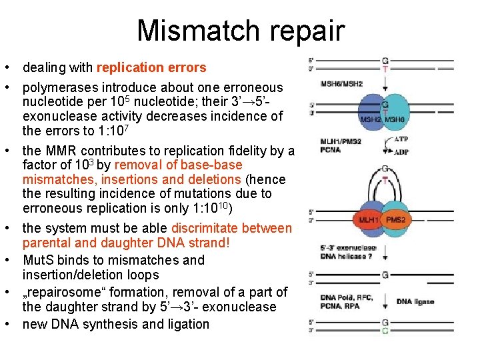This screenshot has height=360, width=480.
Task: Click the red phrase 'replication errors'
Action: point(151,67)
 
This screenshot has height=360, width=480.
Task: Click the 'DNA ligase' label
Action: point(415,301)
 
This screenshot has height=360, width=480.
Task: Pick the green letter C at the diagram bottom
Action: point(385,331)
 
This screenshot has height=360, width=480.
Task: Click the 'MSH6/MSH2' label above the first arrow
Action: point(342,84)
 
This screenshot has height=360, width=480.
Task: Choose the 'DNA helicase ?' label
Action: point(346,257)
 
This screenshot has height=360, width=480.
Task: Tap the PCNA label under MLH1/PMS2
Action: point(331,150)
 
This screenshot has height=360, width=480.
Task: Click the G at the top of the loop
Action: point(385,170)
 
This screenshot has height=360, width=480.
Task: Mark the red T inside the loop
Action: point(385,180)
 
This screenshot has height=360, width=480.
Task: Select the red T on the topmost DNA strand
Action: point(385,68)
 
